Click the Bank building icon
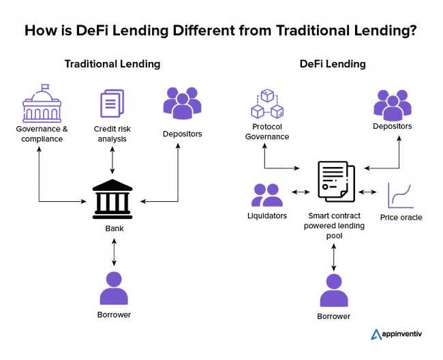pos(114,198)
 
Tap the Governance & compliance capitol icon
pos(41,104)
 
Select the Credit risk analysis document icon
pos(112,104)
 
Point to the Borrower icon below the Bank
pos(114,288)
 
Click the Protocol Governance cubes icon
pos(266,103)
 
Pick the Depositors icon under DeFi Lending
pos(392,104)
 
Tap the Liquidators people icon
pos(267,195)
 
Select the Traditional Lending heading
pos(112,64)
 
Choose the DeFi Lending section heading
pos(333,64)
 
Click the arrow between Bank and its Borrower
pos(114,252)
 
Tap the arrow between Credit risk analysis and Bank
pos(112,161)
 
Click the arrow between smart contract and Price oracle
pos(367,192)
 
